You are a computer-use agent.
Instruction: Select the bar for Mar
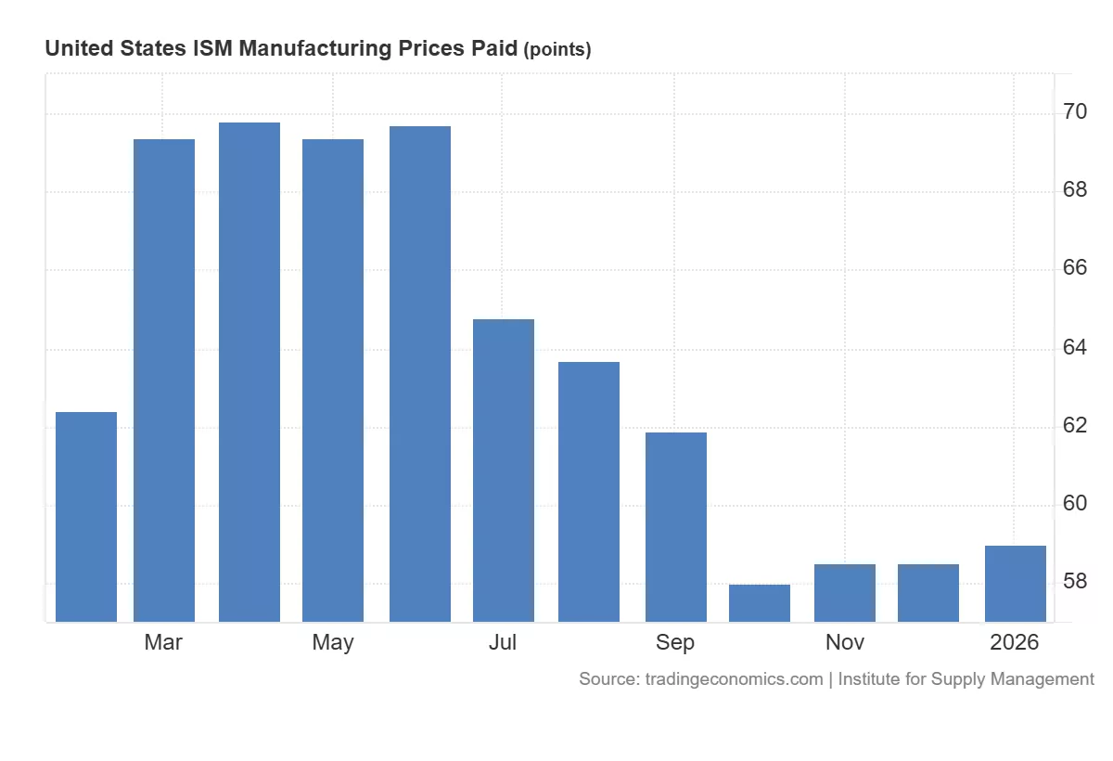[164, 380]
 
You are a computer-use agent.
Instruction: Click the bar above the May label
[333, 380]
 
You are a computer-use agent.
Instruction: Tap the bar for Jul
[504, 471]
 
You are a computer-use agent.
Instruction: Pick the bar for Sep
[676, 527]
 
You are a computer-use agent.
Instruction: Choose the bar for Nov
[845, 593]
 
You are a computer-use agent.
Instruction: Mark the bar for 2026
[1016, 584]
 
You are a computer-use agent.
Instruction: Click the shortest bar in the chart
[760, 603]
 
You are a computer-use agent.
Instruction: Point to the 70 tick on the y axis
[1076, 112]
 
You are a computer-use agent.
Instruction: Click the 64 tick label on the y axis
[1076, 347]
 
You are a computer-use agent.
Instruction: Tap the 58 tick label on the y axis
[1076, 582]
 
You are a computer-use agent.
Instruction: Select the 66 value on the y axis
[1076, 269]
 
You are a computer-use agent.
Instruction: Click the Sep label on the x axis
[675, 642]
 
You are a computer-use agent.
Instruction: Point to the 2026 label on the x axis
[1015, 642]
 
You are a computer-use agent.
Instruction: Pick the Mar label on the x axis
[163, 642]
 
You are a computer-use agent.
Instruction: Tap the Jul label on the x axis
[503, 642]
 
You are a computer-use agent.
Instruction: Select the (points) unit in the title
[557, 50]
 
